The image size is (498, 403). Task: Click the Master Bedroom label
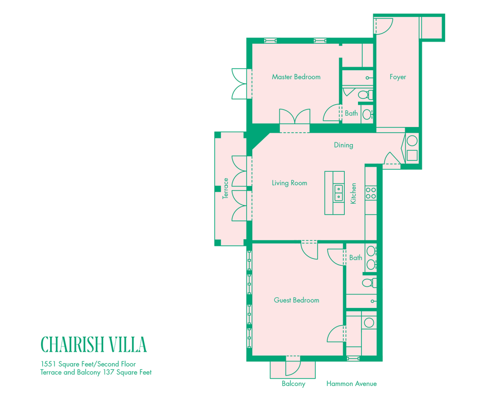[x=296, y=77]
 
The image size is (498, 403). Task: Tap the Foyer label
[x=397, y=77]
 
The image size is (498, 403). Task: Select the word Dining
[x=343, y=145]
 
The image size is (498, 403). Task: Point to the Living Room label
[x=289, y=183]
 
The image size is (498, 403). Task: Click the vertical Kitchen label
[x=354, y=193]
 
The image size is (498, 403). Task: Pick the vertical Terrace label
[x=225, y=188]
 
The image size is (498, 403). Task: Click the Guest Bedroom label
[x=296, y=300]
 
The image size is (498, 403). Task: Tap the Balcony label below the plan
[x=293, y=384]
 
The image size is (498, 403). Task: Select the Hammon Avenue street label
[x=352, y=384]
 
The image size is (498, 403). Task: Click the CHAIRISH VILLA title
[x=93, y=344]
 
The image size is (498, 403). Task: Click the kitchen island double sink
[x=338, y=193]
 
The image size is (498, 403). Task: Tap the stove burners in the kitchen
[x=371, y=193]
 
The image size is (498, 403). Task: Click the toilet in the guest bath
[x=367, y=283]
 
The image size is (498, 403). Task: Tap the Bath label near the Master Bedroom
[x=351, y=113]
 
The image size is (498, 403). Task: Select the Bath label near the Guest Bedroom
[x=356, y=258]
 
